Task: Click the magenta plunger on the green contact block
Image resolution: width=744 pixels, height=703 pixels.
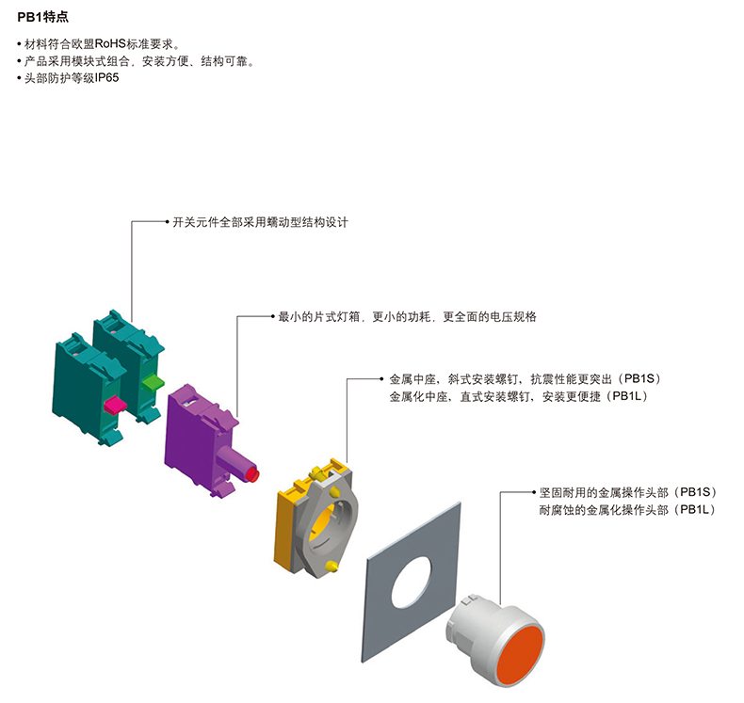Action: click(115, 405)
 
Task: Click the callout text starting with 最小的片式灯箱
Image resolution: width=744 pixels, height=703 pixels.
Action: click(406, 317)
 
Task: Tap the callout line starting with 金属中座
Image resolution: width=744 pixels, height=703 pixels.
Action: click(527, 379)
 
